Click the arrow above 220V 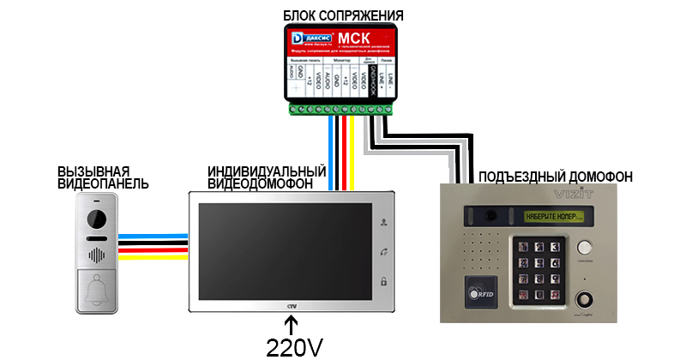[292, 324]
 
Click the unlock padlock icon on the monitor [383, 281]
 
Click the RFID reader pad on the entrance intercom [481, 292]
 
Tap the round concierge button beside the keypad [587, 248]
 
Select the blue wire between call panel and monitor [153, 235]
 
